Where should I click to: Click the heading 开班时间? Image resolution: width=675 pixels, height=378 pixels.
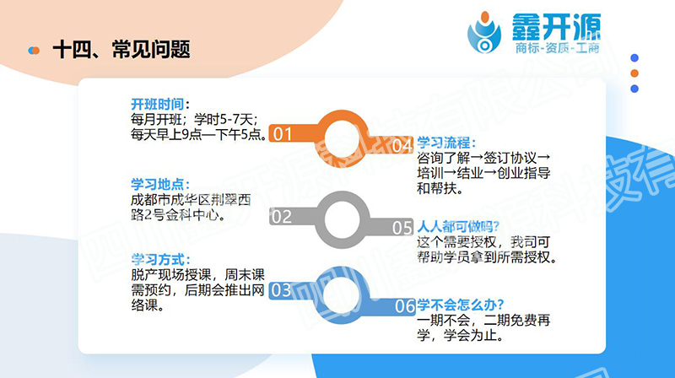pos(160,104)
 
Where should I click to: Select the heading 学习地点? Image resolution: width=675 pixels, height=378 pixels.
pos(159,185)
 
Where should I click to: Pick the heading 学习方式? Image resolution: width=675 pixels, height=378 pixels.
pos(160,258)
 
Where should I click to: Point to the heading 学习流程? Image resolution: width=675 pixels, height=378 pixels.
pos(447,143)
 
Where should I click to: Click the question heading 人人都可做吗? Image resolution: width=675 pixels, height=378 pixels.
pos(459,226)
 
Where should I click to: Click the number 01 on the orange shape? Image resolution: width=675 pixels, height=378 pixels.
pos(283,134)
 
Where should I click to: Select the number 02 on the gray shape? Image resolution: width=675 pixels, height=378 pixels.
pos(281,217)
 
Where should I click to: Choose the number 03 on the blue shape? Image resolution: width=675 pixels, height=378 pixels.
pos(281,291)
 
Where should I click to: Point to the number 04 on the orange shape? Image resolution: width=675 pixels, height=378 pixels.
pos(402,145)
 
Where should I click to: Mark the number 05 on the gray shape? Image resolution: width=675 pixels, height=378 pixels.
pos(402,228)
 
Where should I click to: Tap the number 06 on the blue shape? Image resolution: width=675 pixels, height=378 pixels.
pos(406,306)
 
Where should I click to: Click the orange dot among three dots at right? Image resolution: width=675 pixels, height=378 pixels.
pos(634,73)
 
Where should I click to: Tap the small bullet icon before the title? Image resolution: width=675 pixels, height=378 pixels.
pos(34,51)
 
